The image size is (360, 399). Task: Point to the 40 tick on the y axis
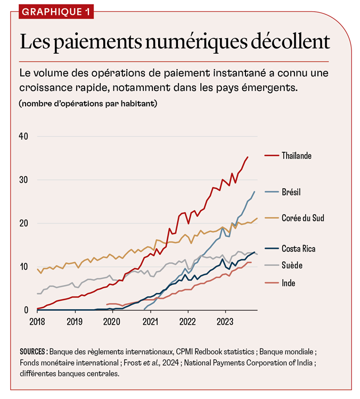[24, 136]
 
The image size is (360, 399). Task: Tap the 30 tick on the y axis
[24, 180]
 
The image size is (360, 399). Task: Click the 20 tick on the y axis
[24, 223]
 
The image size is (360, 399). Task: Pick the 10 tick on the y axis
[24, 267]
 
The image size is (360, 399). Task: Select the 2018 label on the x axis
[37, 321]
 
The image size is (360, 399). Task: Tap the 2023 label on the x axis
[225, 321]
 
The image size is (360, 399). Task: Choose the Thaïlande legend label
[297, 156]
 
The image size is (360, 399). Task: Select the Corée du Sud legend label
[303, 218]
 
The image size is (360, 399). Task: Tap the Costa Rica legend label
[299, 249]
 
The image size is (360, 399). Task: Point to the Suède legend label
[292, 264]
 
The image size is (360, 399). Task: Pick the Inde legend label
[289, 283]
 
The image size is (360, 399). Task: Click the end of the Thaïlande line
[248, 157]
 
